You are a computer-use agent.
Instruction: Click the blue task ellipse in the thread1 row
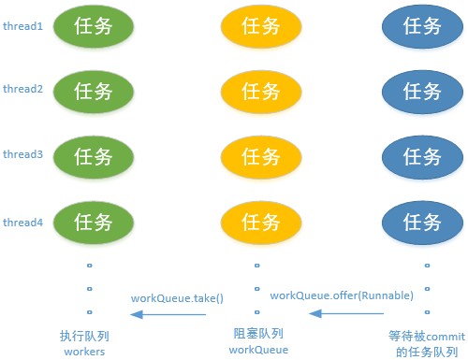coord(423,26)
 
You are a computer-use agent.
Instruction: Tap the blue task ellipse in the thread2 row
coord(423,91)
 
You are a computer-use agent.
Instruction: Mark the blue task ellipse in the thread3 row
coord(423,155)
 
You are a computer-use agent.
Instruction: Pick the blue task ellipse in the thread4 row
coord(423,222)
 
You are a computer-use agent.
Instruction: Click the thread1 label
coord(22,25)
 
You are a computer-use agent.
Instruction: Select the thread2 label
coord(22,89)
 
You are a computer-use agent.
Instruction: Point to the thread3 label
coord(22,154)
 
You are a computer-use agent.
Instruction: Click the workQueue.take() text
coord(177,298)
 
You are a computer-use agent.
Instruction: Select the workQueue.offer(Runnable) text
coord(342,295)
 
